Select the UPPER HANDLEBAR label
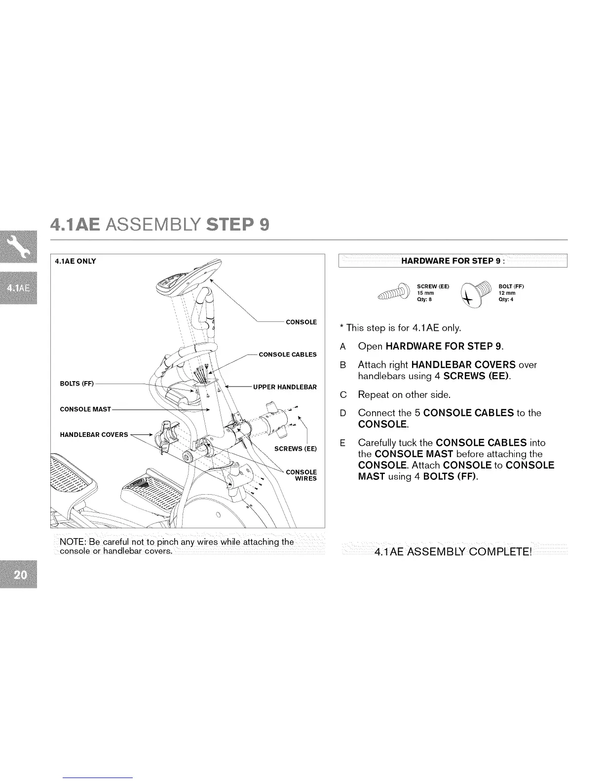(285, 387)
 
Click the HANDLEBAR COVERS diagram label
(94, 435)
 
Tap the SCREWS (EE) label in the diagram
(295, 449)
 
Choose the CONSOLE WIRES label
(302, 475)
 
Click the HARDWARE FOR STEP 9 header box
(453, 261)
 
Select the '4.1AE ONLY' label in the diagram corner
(75, 261)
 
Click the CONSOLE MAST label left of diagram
(85, 409)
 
